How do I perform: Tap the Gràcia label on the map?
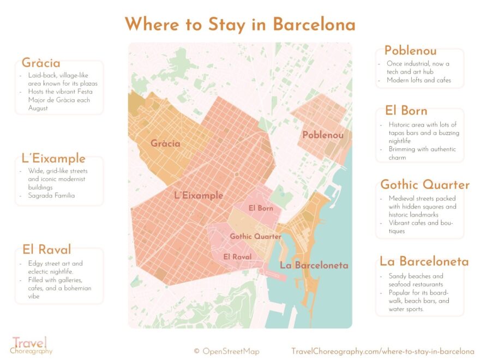(x=165, y=144)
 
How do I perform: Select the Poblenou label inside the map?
(x=323, y=135)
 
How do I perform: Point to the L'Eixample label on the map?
(x=199, y=195)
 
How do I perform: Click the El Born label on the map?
(x=261, y=208)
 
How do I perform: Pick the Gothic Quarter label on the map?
(x=255, y=237)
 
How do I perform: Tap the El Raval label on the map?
(x=237, y=256)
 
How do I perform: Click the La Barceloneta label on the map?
(x=314, y=265)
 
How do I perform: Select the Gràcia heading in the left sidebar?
(x=41, y=63)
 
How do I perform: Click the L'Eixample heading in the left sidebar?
(x=53, y=159)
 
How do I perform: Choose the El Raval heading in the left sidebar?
(x=47, y=250)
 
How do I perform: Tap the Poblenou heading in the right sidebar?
(x=410, y=51)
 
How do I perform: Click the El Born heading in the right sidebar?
(x=406, y=111)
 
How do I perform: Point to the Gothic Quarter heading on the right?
(x=424, y=184)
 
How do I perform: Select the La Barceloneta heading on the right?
(x=424, y=261)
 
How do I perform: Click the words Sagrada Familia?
(x=51, y=195)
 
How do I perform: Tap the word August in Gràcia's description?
(x=38, y=108)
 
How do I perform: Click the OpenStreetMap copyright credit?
(x=226, y=351)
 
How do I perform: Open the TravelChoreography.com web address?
(x=382, y=351)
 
